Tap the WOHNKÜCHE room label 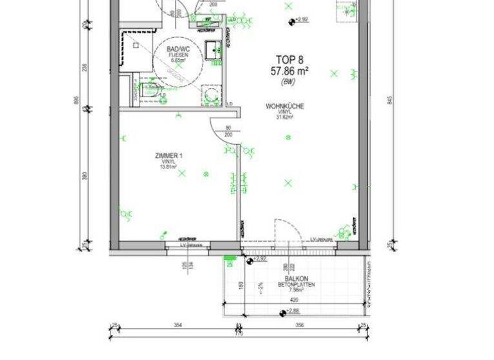pyautogui.click(x=284, y=107)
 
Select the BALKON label pyautogui.click(x=296, y=279)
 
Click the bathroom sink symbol pyautogui.click(x=214, y=47)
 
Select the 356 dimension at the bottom pyautogui.click(x=300, y=326)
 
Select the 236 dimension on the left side pyautogui.click(x=84, y=67)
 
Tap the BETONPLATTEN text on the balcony pyautogui.click(x=296, y=285)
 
